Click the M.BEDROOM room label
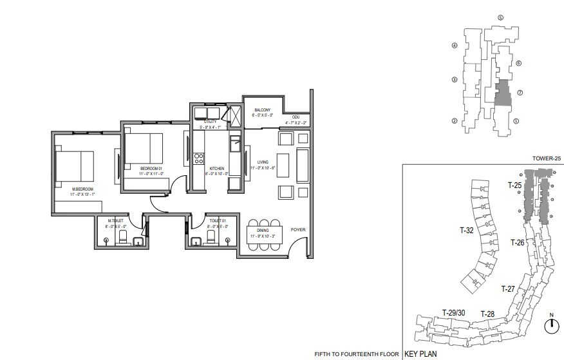click(82, 189)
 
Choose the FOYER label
click(298, 229)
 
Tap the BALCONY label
click(263, 110)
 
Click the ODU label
click(296, 117)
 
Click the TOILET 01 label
click(215, 221)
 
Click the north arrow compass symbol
click(551, 326)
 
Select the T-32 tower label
click(467, 229)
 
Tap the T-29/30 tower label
click(454, 312)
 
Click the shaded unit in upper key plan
click(502, 94)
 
